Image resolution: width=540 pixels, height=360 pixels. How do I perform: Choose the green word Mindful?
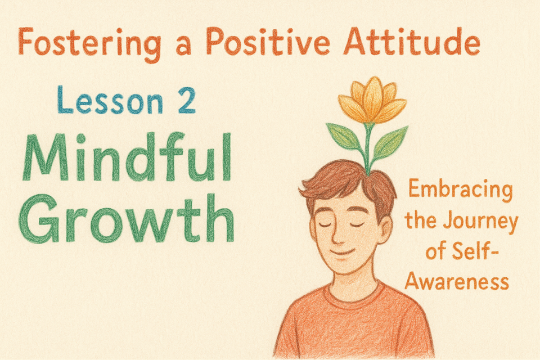point(127,157)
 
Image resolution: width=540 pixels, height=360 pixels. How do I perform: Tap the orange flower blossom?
point(372,100)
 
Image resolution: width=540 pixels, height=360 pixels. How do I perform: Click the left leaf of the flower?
point(344,136)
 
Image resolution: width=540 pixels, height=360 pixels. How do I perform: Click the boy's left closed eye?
point(325,225)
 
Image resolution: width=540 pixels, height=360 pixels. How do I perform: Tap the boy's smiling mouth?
point(342,253)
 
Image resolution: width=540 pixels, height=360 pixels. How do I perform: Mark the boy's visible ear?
point(385,229)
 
